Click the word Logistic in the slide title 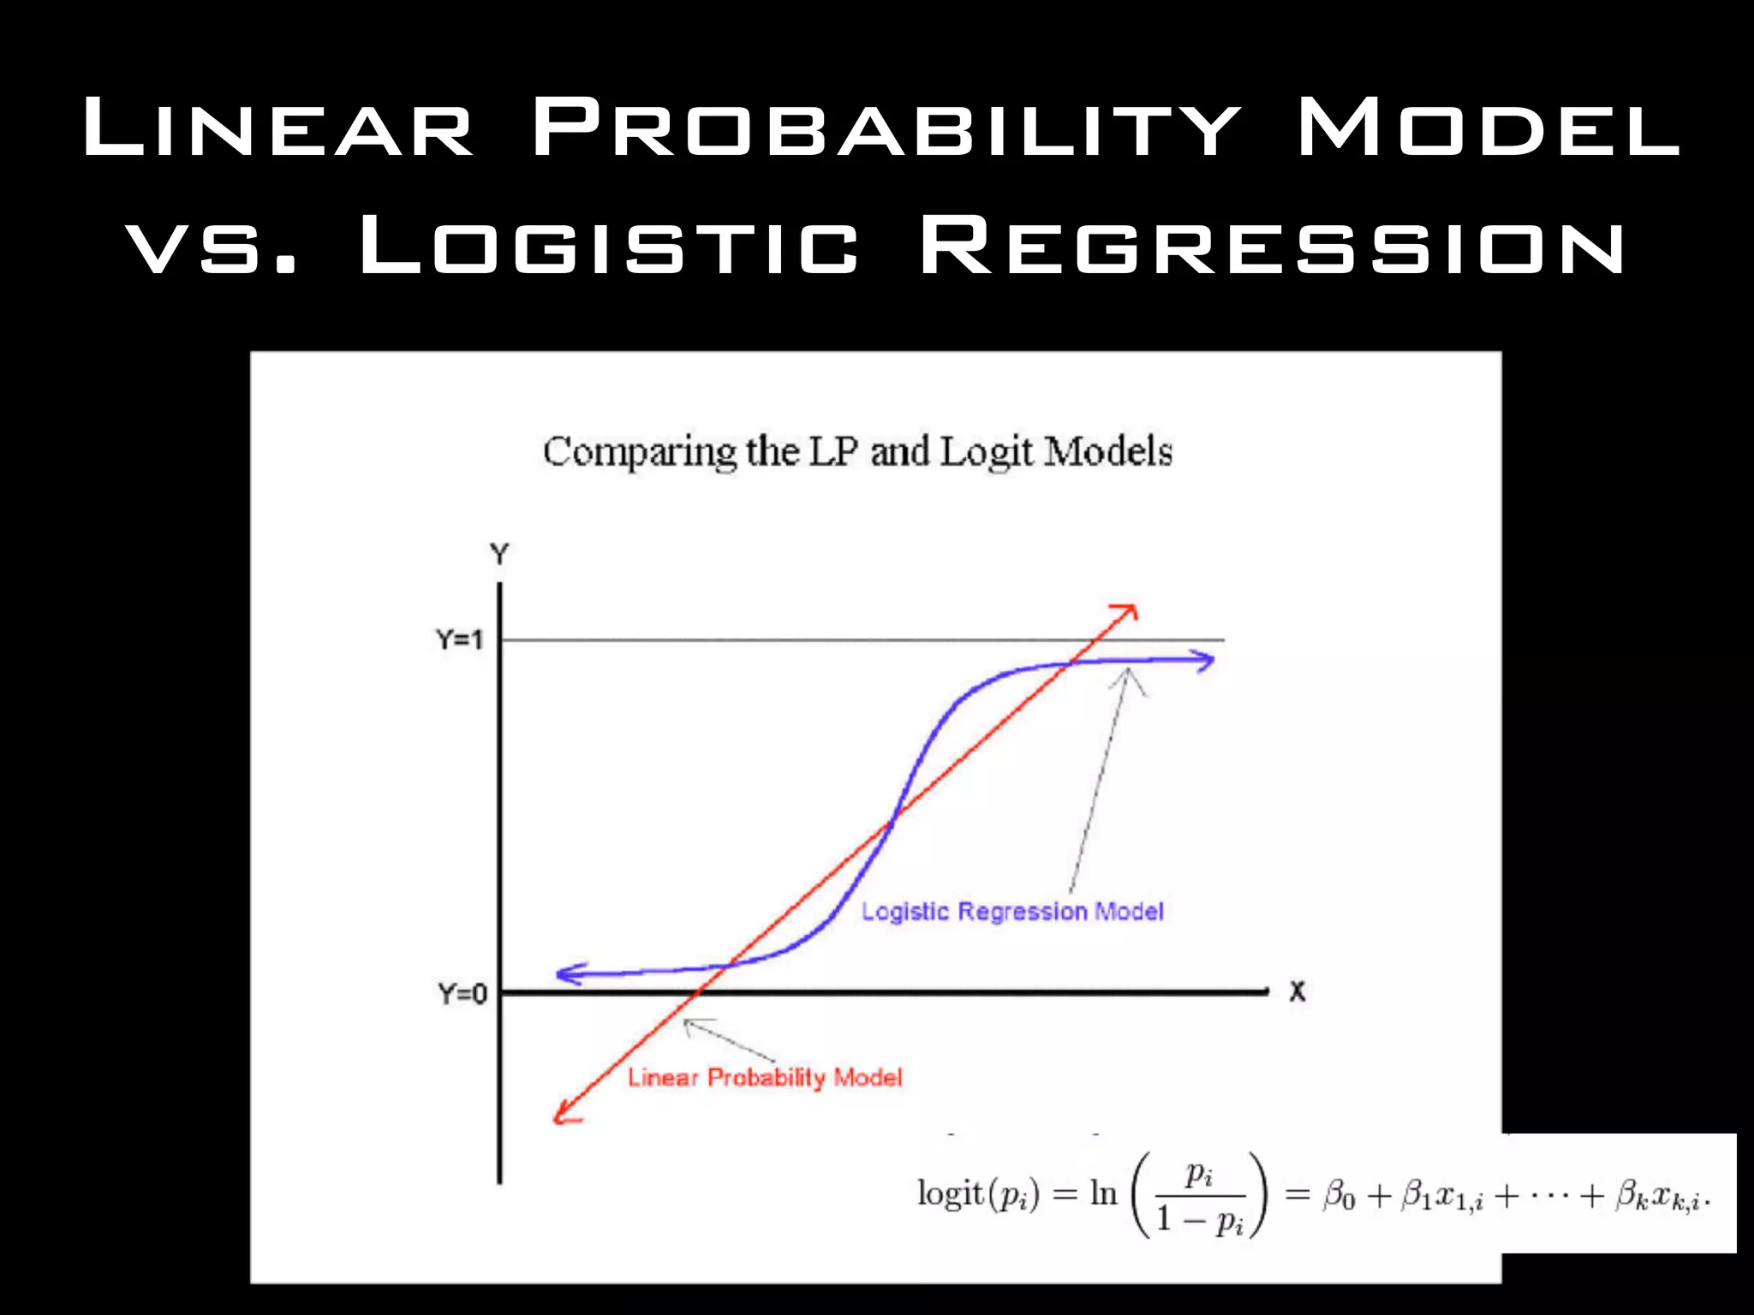point(609,246)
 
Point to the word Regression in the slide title point(1272,246)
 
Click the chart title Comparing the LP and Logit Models point(857,451)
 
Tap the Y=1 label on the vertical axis point(460,640)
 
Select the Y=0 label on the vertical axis point(462,994)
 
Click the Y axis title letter point(499,554)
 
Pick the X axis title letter point(1298,992)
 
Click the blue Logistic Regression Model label point(1012,912)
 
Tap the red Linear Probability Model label point(765,1077)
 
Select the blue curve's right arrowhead point(1206,661)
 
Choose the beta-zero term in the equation point(1339,1196)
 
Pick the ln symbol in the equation point(1103,1193)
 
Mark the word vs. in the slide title point(212,246)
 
